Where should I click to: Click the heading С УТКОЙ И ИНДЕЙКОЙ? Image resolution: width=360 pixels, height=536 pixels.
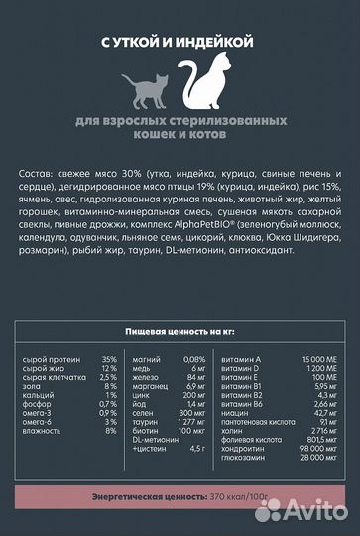click(180, 41)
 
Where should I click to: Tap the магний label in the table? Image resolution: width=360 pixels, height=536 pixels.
click(147, 359)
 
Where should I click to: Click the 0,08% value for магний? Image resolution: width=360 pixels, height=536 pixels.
click(193, 359)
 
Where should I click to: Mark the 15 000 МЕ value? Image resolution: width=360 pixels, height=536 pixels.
click(311, 359)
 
